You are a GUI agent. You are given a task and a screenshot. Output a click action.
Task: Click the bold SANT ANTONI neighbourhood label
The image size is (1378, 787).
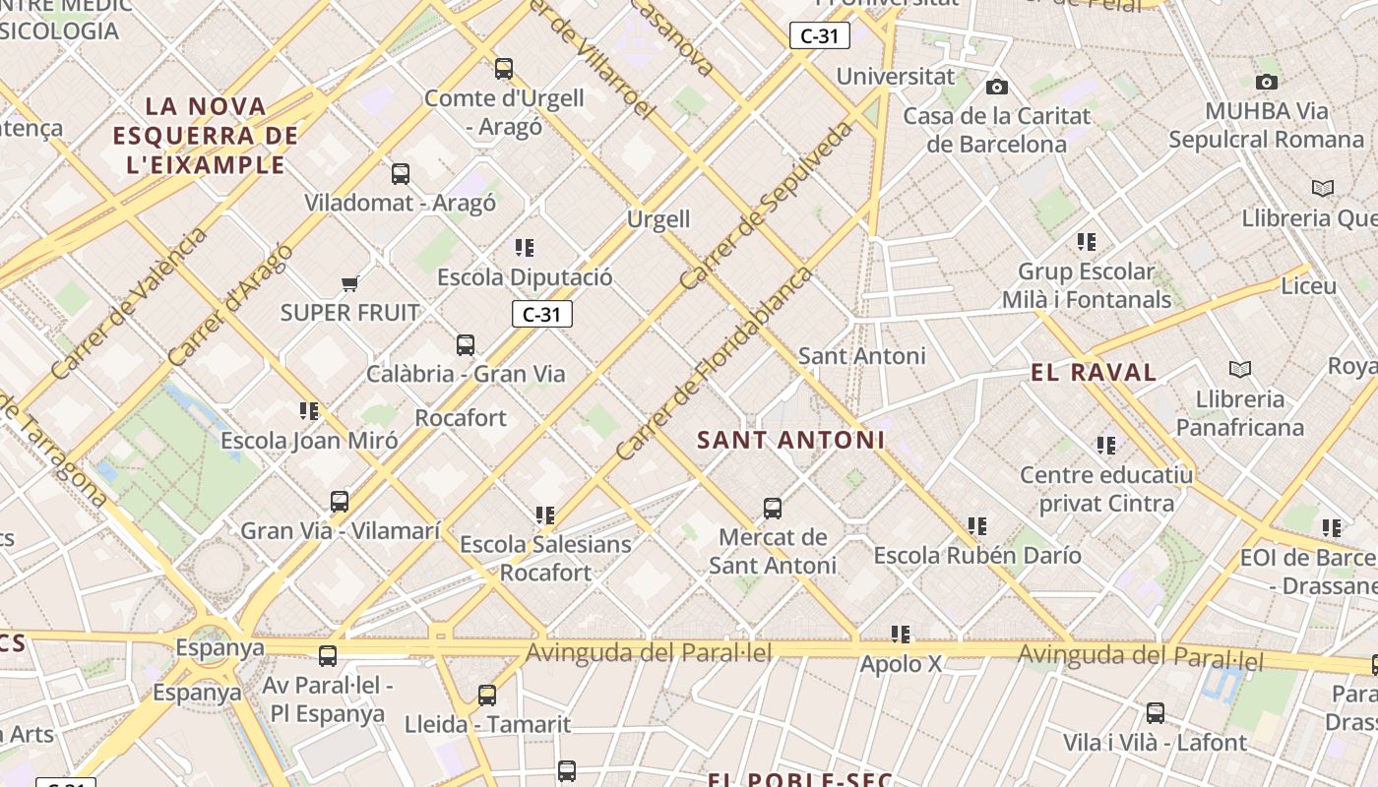(790, 440)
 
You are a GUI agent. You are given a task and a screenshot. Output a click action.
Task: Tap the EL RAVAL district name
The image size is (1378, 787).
(1094, 372)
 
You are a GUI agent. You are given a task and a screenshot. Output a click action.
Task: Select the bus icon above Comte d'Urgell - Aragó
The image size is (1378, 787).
(504, 68)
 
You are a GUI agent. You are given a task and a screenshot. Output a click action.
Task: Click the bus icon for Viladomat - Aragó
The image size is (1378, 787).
(400, 173)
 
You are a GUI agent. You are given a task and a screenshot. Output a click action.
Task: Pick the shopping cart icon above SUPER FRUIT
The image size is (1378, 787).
(349, 284)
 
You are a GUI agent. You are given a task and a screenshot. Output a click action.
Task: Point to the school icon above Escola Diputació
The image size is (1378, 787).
(525, 247)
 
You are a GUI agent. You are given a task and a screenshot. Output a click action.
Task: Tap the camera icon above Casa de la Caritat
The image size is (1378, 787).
(997, 87)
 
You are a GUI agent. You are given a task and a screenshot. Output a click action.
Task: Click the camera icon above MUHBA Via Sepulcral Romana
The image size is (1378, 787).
(1267, 82)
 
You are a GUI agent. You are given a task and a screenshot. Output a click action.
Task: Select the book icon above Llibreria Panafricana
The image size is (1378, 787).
(1240, 369)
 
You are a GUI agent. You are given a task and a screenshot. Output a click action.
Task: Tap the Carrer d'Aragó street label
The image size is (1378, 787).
(230, 304)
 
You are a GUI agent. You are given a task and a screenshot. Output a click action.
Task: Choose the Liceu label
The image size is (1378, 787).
(1308, 286)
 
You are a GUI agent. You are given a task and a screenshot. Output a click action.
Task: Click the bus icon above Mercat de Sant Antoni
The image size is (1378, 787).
(773, 508)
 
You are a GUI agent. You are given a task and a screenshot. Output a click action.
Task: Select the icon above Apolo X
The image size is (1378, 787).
(901, 635)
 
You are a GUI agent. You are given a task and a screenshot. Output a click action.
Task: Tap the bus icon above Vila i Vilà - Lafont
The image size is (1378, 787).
(1156, 712)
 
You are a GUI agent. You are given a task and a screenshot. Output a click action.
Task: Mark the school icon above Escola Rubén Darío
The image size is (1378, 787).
(976, 526)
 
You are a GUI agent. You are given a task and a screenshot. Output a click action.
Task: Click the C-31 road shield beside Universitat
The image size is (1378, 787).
(819, 36)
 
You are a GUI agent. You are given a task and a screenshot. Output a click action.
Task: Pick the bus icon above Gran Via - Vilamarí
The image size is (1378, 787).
(340, 501)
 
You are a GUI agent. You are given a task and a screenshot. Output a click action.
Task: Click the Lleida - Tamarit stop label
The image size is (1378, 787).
(487, 725)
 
